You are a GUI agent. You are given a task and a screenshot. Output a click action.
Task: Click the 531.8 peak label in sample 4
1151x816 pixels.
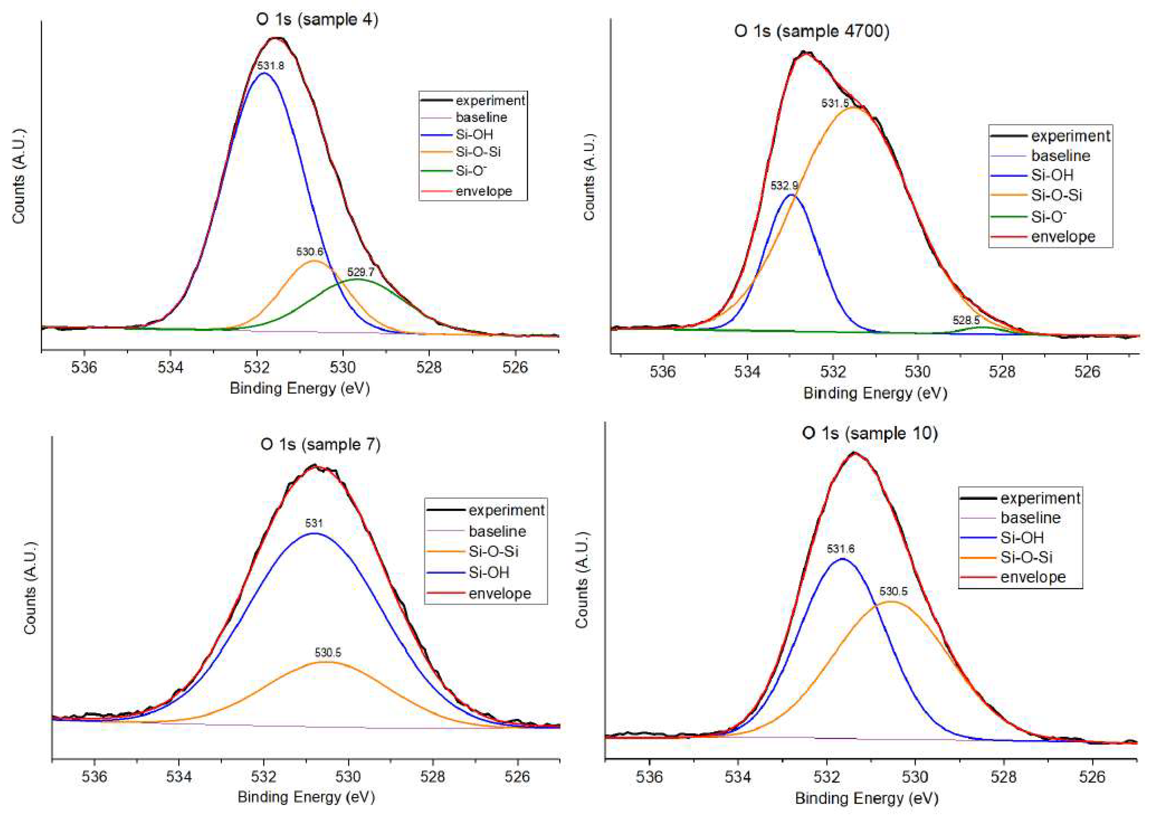pyautogui.click(x=271, y=66)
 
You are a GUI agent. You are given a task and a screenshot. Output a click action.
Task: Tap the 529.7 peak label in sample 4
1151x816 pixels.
pyautogui.click(x=361, y=272)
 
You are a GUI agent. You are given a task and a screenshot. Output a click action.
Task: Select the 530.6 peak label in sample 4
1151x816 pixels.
pyautogui.click(x=309, y=252)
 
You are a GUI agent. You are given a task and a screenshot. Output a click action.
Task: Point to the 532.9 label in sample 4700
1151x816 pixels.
pyautogui.click(x=784, y=186)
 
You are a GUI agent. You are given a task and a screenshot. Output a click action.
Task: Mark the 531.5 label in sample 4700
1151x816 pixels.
pyautogui.click(x=835, y=104)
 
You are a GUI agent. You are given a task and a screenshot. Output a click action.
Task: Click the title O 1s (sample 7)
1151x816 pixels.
pyautogui.click(x=320, y=444)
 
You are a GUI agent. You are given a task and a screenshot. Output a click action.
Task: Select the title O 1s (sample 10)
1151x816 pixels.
pyautogui.click(x=870, y=433)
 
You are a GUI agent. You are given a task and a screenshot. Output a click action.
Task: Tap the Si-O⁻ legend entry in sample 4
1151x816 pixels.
pyautogui.click(x=471, y=171)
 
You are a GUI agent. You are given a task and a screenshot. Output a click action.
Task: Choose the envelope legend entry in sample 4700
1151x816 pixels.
pyautogui.click(x=1063, y=237)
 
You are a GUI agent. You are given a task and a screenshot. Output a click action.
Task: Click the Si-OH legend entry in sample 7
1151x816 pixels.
pyautogui.click(x=488, y=572)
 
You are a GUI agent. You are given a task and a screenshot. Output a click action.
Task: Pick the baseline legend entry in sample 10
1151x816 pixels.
pyautogui.click(x=1030, y=517)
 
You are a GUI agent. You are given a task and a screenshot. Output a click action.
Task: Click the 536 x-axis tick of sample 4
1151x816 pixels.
pyautogui.click(x=84, y=367)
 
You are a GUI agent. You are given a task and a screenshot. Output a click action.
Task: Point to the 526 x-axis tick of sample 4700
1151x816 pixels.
pyautogui.click(x=1087, y=372)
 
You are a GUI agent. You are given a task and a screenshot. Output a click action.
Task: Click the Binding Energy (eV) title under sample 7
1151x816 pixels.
pyautogui.click(x=306, y=797)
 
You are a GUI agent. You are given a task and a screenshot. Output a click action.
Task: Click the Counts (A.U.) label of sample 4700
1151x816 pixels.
pyautogui.click(x=589, y=177)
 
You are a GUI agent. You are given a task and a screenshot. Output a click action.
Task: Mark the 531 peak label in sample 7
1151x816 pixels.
pyautogui.click(x=314, y=523)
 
